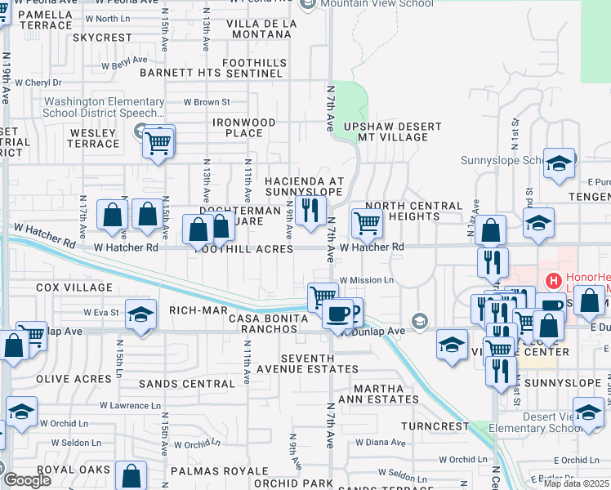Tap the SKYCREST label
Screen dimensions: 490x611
(x=101, y=38)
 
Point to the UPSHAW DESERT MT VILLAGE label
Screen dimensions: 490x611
(x=392, y=132)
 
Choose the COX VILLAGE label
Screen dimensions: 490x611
(x=74, y=287)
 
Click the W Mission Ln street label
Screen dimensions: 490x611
(x=367, y=280)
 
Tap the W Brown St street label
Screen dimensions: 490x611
(x=207, y=102)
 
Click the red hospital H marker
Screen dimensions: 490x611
(x=555, y=283)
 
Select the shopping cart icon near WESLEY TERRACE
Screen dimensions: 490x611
(x=158, y=144)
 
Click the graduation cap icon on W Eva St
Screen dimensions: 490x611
(x=140, y=316)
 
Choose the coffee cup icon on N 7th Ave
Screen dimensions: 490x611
(x=337, y=313)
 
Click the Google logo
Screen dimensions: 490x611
(x=27, y=480)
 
